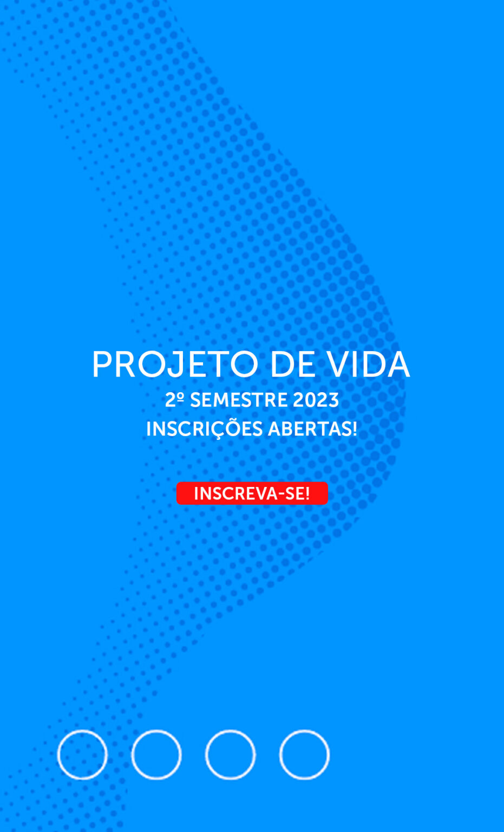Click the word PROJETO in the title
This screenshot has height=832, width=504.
[175, 365]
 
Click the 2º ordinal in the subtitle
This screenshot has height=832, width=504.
[174, 400]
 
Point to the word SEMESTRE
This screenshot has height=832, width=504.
[239, 400]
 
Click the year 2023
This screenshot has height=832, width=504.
[316, 400]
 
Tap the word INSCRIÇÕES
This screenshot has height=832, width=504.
[205, 429]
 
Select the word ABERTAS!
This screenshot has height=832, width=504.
[312, 428]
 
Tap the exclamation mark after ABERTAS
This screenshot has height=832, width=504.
[355, 428]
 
